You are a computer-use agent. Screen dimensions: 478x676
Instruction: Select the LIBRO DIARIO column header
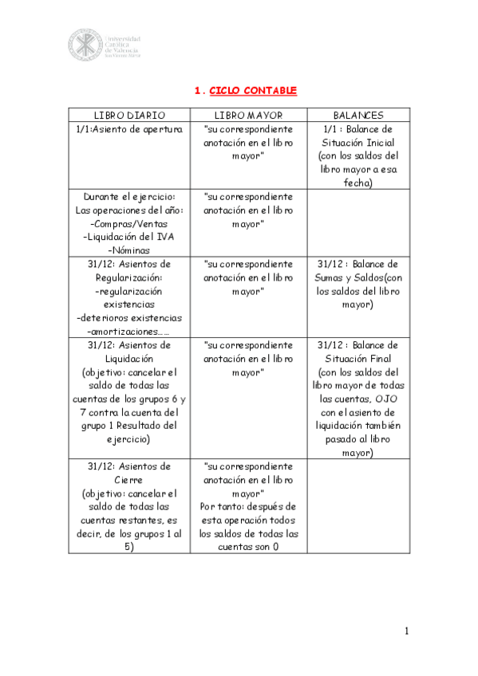pos(129,116)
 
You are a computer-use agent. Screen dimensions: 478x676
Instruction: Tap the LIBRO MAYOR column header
pos(248,116)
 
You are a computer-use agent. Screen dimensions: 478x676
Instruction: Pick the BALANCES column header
pos(358,116)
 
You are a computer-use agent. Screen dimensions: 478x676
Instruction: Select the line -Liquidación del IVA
pos(129,238)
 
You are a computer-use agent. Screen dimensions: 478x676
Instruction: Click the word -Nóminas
pos(129,250)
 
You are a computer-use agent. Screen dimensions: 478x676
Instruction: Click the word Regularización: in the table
pos(129,277)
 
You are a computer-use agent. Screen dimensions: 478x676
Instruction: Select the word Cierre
pos(129,480)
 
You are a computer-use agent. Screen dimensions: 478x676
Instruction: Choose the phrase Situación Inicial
pos(358,142)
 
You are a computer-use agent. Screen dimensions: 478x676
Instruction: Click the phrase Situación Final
pos(358,359)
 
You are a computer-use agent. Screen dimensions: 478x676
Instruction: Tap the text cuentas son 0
pos(248,548)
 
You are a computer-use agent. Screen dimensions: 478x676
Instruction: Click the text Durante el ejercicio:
pos(129,197)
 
